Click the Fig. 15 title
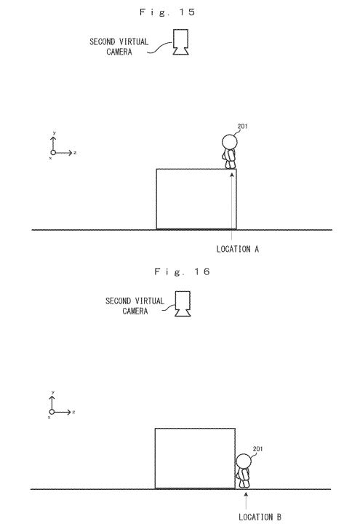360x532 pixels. click(x=167, y=12)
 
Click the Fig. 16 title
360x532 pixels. click(x=182, y=271)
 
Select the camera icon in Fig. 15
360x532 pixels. click(x=180, y=41)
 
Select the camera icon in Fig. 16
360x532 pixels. click(x=183, y=303)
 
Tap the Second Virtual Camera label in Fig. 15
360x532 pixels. click(x=119, y=47)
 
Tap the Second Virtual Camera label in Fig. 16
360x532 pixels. click(x=135, y=306)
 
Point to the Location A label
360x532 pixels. click(x=238, y=249)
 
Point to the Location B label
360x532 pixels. click(x=260, y=517)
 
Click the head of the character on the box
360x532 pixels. click(x=230, y=141)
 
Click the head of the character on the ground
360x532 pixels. click(x=244, y=461)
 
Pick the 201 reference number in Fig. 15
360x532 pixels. click(x=243, y=126)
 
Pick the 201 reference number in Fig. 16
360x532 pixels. click(x=257, y=449)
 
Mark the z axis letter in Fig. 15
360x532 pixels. click(x=75, y=153)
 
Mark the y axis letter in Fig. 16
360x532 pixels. click(x=53, y=392)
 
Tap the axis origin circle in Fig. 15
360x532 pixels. click(x=53, y=153)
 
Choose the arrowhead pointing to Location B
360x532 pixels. click(x=246, y=495)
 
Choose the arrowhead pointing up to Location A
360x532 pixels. click(x=232, y=175)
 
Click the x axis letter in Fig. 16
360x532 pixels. click(x=49, y=417)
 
